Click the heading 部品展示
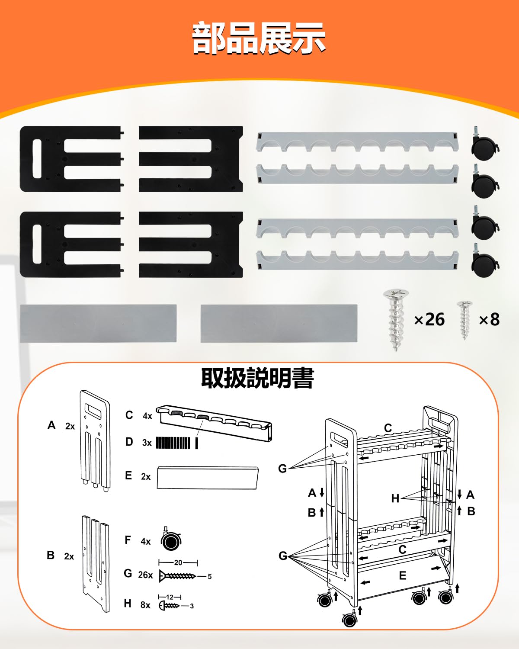[259, 38]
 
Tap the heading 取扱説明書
[258, 378]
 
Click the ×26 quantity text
[429, 319]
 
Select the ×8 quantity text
[489, 319]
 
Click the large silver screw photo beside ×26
[396, 320]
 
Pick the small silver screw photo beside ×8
[465, 320]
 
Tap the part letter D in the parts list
[129, 442]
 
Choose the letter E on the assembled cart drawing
[403, 576]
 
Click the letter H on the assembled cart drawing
[395, 498]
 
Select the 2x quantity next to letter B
[69, 556]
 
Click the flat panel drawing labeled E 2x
[208, 478]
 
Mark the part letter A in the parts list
[51, 425]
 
